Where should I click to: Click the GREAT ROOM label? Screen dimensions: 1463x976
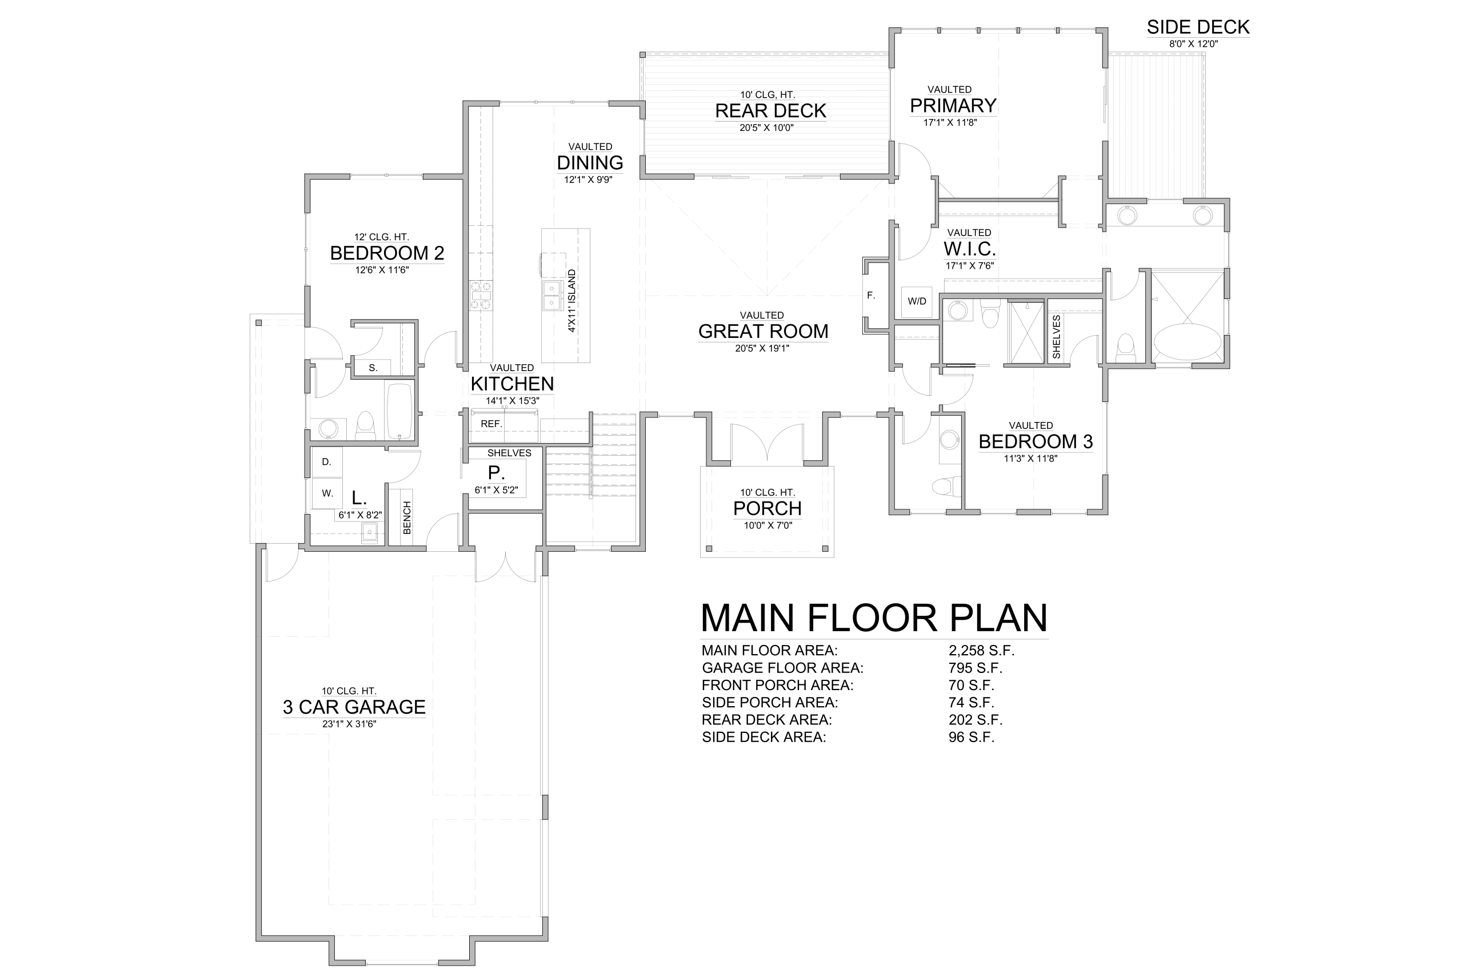pyautogui.click(x=764, y=331)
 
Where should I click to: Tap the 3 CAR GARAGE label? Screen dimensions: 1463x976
pyautogui.click(x=354, y=707)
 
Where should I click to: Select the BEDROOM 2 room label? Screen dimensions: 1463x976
pyautogui.click(x=387, y=253)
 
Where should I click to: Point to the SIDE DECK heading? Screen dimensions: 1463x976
pyautogui.click(x=1198, y=27)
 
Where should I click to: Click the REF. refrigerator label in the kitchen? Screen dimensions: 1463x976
pyautogui.click(x=491, y=424)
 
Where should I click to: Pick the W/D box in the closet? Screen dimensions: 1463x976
pyautogui.click(x=917, y=302)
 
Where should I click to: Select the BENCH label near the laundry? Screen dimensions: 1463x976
pyautogui.click(x=407, y=517)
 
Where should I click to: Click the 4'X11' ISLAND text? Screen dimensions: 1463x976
pyautogui.click(x=571, y=301)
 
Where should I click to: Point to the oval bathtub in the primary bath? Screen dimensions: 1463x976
pyautogui.click(x=1187, y=342)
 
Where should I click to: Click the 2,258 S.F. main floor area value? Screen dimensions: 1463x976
pyautogui.click(x=982, y=651)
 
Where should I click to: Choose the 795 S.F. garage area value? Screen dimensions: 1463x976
pyautogui.click(x=976, y=668)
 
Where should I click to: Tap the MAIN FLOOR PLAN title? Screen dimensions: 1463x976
pyautogui.click(x=874, y=618)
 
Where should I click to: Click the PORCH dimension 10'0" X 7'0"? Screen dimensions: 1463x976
pyautogui.click(x=768, y=525)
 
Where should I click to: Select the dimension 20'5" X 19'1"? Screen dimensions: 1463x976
pyautogui.click(x=762, y=349)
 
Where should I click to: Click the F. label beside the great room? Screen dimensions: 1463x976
pyautogui.click(x=871, y=296)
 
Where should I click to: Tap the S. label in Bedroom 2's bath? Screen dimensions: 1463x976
pyautogui.click(x=373, y=368)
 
